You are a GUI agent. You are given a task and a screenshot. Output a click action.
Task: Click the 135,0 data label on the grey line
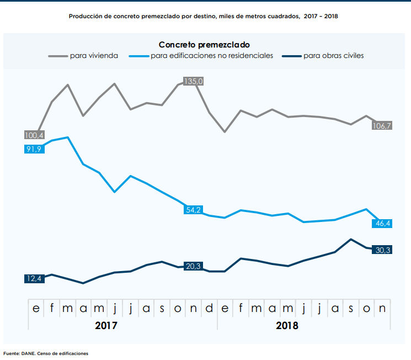[x=194, y=81]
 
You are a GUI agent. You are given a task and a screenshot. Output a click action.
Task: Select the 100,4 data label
[x=34, y=135]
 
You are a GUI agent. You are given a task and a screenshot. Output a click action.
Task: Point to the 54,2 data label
[x=194, y=210]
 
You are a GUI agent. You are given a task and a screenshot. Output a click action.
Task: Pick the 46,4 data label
[x=382, y=224]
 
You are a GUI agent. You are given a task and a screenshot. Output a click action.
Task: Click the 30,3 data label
[x=382, y=250]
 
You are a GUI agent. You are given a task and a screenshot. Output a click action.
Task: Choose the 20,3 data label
[x=194, y=266]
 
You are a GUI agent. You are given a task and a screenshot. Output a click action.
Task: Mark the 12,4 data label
[x=34, y=279]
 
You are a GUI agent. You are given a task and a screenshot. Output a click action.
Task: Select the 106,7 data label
[x=382, y=126]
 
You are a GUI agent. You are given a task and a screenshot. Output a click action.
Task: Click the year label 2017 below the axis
[x=106, y=325]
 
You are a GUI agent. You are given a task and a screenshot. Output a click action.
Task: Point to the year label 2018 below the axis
[x=287, y=325]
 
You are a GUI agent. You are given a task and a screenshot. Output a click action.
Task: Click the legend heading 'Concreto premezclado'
[x=204, y=44]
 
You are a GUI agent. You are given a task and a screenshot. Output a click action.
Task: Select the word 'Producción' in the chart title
[x=86, y=17]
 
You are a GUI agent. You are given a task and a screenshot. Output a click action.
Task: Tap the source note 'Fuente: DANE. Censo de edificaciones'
[x=46, y=353]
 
